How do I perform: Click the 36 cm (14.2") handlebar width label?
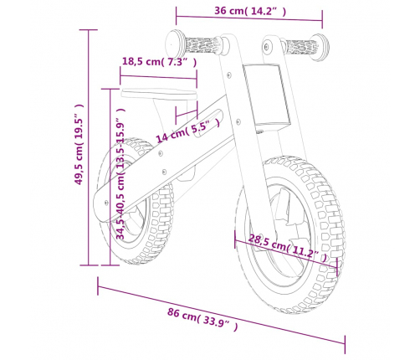pos(250,11)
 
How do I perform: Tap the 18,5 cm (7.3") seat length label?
pos(159,61)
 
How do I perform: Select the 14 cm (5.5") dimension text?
pos(187,130)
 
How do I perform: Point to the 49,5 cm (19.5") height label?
pos(79,144)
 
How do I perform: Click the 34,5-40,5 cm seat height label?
pos(120,173)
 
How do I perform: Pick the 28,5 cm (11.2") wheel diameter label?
pos(287,248)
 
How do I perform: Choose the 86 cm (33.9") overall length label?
pos(202,319)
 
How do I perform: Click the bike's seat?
pos(159,94)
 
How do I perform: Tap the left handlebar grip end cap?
pos(175,44)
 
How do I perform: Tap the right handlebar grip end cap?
pos(320,47)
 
